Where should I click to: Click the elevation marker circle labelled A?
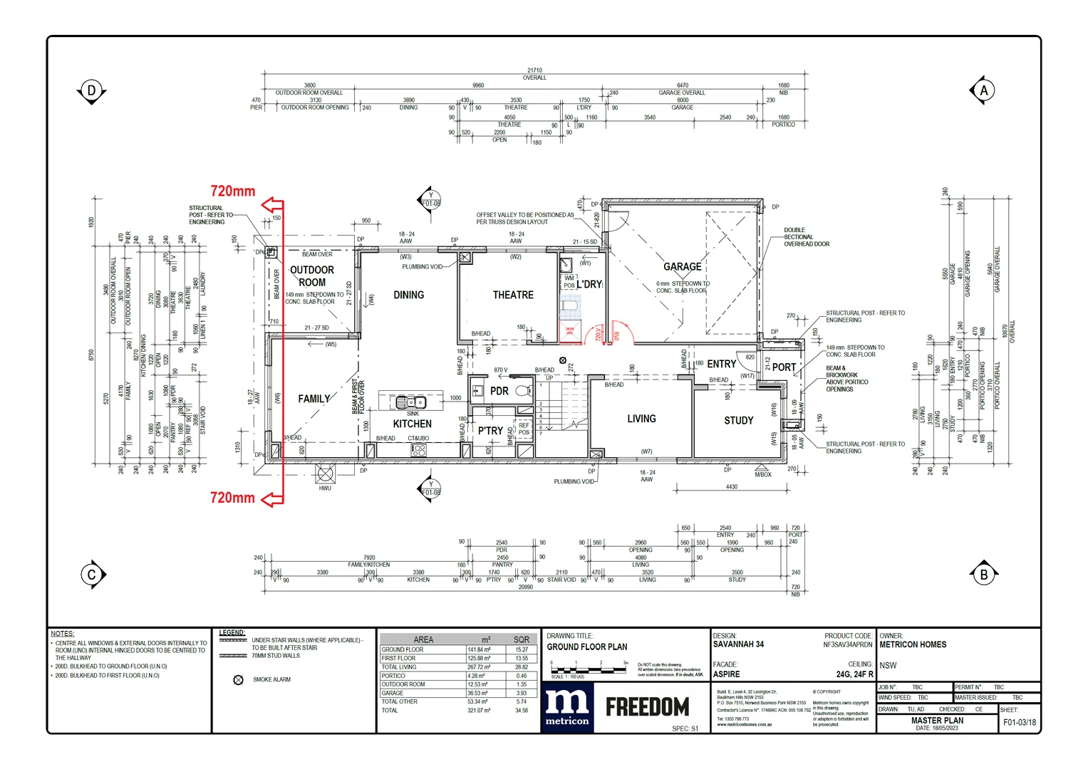(x=983, y=90)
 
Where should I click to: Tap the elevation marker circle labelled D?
(x=91, y=90)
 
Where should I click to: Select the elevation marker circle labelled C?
(x=91, y=575)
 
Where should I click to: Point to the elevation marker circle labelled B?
(x=983, y=575)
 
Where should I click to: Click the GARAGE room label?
(x=682, y=267)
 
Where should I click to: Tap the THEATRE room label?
(x=513, y=295)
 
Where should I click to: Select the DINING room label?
(x=408, y=295)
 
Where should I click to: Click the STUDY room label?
(x=738, y=421)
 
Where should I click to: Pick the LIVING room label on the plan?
(x=641, y=419)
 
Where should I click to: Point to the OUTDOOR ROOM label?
(x=312, y=276)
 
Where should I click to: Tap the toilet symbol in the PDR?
(x=524, y=391)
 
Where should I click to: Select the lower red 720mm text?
(x=232, y=498)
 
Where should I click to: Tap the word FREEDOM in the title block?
(x=647, y=707)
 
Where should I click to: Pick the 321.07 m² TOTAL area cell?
(x=478, y=711)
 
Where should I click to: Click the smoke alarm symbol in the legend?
(x=239, y=680)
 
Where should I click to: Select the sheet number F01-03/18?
(x=1020, y=722)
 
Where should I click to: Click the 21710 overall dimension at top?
(x=534, y=70)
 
